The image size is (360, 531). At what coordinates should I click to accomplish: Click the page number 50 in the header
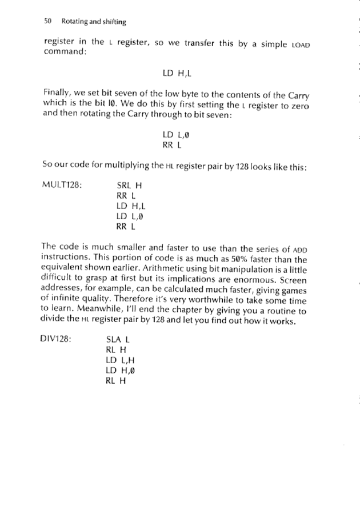pos(47,22)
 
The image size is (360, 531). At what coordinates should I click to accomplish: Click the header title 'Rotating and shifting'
pos(94,22)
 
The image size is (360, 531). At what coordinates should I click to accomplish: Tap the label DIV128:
pos(58,339)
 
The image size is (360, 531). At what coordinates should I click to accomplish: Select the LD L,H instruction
pos(120,361)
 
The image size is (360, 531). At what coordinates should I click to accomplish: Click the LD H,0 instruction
pos(120,372)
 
